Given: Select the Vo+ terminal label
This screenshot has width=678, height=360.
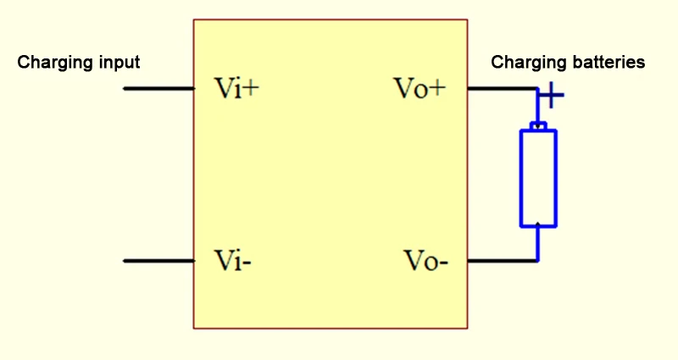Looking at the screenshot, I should [x=419, y=88].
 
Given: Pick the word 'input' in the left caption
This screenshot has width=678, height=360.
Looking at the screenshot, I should [x=119, y=63].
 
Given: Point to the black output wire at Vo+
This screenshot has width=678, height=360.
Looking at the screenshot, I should [x=500, y=88].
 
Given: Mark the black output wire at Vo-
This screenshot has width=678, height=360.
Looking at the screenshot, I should [x=500, y=261].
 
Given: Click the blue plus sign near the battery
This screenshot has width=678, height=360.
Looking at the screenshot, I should [x=552, y=95].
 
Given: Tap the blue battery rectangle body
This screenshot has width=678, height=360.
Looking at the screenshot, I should [x=538, y=178].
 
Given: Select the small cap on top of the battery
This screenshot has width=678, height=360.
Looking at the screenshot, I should [x=538, y=126].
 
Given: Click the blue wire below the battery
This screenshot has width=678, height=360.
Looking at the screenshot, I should [x=538, y=244].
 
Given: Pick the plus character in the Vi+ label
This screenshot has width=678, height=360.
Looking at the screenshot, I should [x=250, y=89].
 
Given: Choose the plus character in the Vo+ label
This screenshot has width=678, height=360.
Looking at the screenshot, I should [x=436, y=89].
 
